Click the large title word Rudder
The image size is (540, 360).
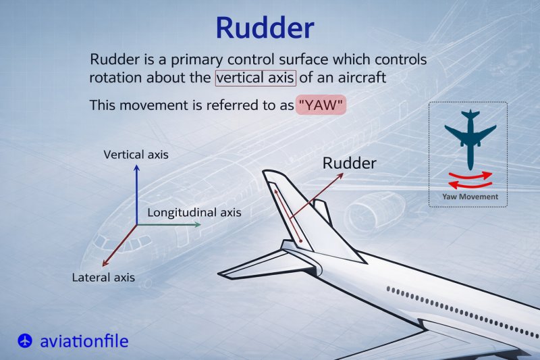click(265, 27)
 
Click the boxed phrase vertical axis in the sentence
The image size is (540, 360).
click(255, 78)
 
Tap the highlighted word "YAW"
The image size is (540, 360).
click(321, 106)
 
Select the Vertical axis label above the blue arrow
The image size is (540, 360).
click(136, 155)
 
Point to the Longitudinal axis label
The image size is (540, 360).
click(194, 212)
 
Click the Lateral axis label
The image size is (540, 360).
click(103, 277)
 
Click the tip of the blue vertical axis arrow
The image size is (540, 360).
click(136, 167)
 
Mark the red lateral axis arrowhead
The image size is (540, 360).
click(103, 265)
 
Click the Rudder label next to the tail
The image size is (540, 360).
click(349, 163)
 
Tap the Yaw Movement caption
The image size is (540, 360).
click(470, 197)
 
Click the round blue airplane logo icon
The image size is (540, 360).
click(25, 340)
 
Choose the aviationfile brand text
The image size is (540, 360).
click(84, 340)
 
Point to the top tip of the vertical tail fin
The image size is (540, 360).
click(268, 174)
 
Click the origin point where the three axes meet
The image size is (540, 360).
click(136, 224)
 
